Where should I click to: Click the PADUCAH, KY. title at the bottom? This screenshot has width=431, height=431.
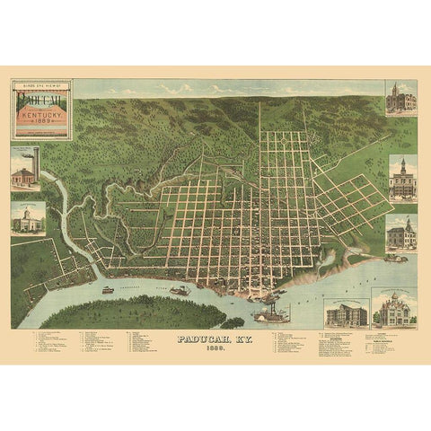click(215, 339)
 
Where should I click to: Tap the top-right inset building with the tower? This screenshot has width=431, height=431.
click(400, 98)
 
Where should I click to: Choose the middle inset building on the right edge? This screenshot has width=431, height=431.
click(400, 178)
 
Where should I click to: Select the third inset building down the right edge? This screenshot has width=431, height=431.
click(400, 234)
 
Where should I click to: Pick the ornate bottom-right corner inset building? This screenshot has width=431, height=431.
click(396, 311)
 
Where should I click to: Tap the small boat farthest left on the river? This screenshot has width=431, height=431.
click(108, 290)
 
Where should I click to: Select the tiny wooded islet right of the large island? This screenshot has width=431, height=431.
click(235, 321)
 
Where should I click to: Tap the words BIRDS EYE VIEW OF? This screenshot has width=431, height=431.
click(41, 84)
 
